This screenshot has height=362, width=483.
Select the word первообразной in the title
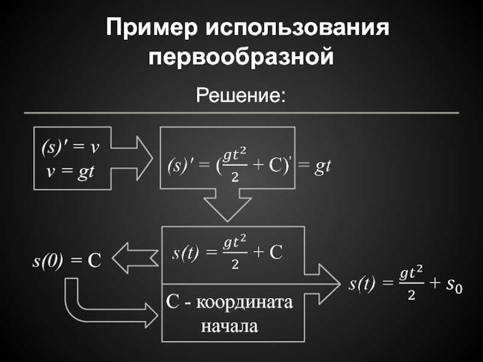(241, 58)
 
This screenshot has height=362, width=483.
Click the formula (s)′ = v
(70, 147)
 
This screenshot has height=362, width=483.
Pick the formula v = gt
(71, 172)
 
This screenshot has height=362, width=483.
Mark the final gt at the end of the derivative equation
(323, 166)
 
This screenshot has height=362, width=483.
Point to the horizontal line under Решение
(241, 113)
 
